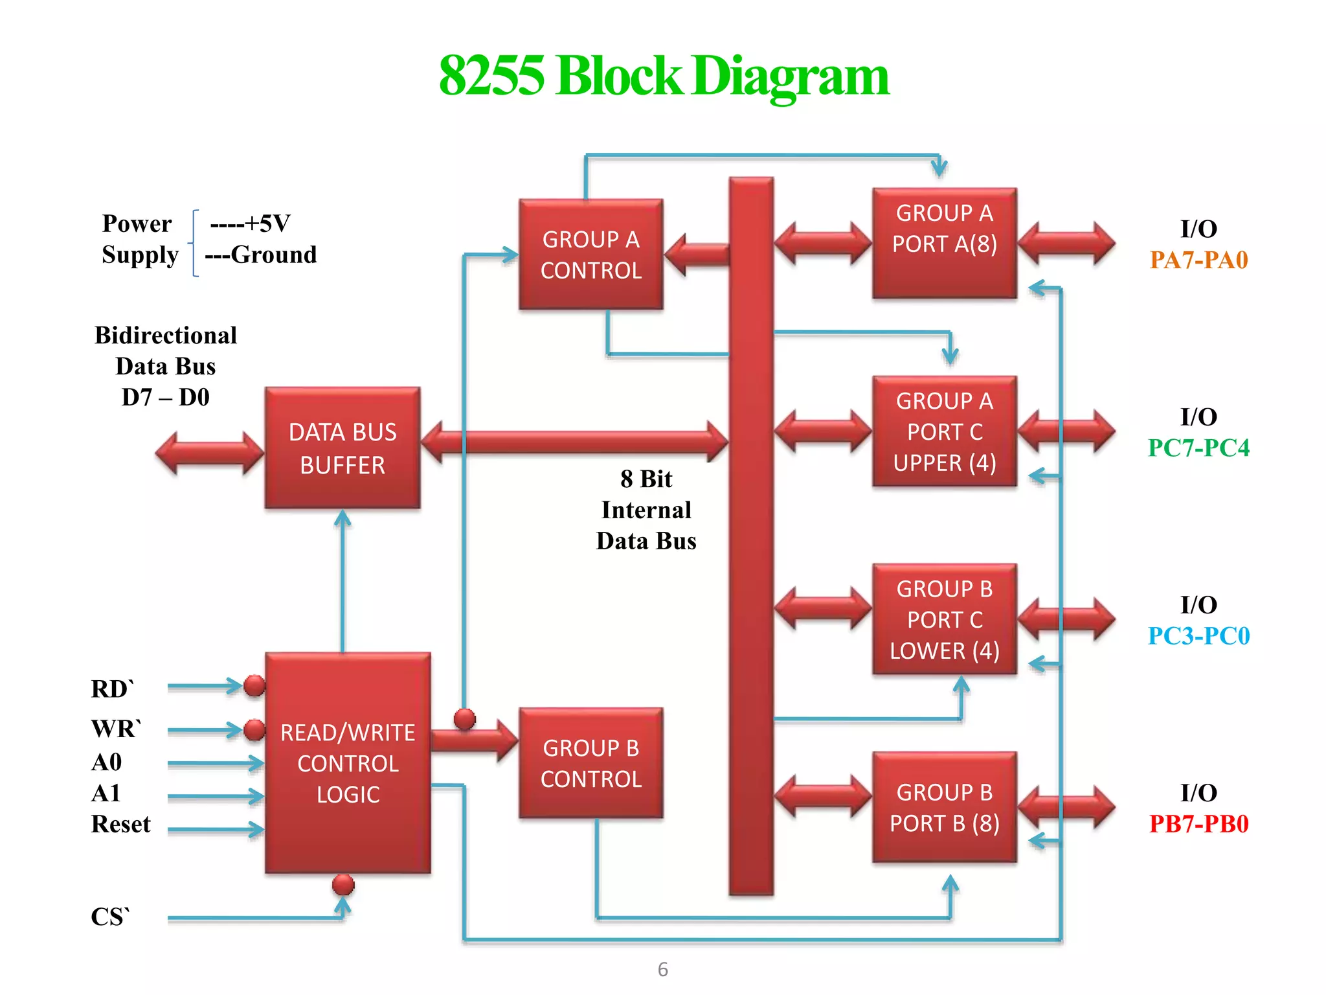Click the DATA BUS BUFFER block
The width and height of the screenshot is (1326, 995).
coord(343,448)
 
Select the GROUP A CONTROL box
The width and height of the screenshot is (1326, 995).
coord(590,254)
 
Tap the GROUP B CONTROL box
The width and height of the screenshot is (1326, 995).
coord(590,762)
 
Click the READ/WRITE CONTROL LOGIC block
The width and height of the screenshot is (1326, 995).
coord(348,762)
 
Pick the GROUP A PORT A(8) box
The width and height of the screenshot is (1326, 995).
coord(944,243)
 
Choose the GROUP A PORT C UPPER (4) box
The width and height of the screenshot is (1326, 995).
coord(944,431)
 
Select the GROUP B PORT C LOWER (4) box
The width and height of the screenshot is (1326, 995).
coord(944,619)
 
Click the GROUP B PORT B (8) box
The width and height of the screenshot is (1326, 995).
coord(944,807)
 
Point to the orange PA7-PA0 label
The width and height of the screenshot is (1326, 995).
coord(1198,260)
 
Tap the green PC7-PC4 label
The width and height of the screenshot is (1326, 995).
coord(1198,448)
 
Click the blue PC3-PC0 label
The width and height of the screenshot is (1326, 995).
coord(1198,635)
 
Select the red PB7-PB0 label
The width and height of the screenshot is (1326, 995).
coord(1198,824)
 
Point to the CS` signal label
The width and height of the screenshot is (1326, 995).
coord(110,916)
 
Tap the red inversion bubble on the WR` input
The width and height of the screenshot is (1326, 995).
coord(254,730)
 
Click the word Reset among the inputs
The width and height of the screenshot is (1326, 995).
coord(120,824)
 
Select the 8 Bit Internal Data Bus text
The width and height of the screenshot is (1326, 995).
coord(646,510)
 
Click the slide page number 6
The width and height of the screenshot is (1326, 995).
coord(662,969)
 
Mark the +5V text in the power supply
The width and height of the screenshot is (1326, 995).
coord(267,223)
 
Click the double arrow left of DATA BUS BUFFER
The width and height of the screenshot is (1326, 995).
coord(210,453)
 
